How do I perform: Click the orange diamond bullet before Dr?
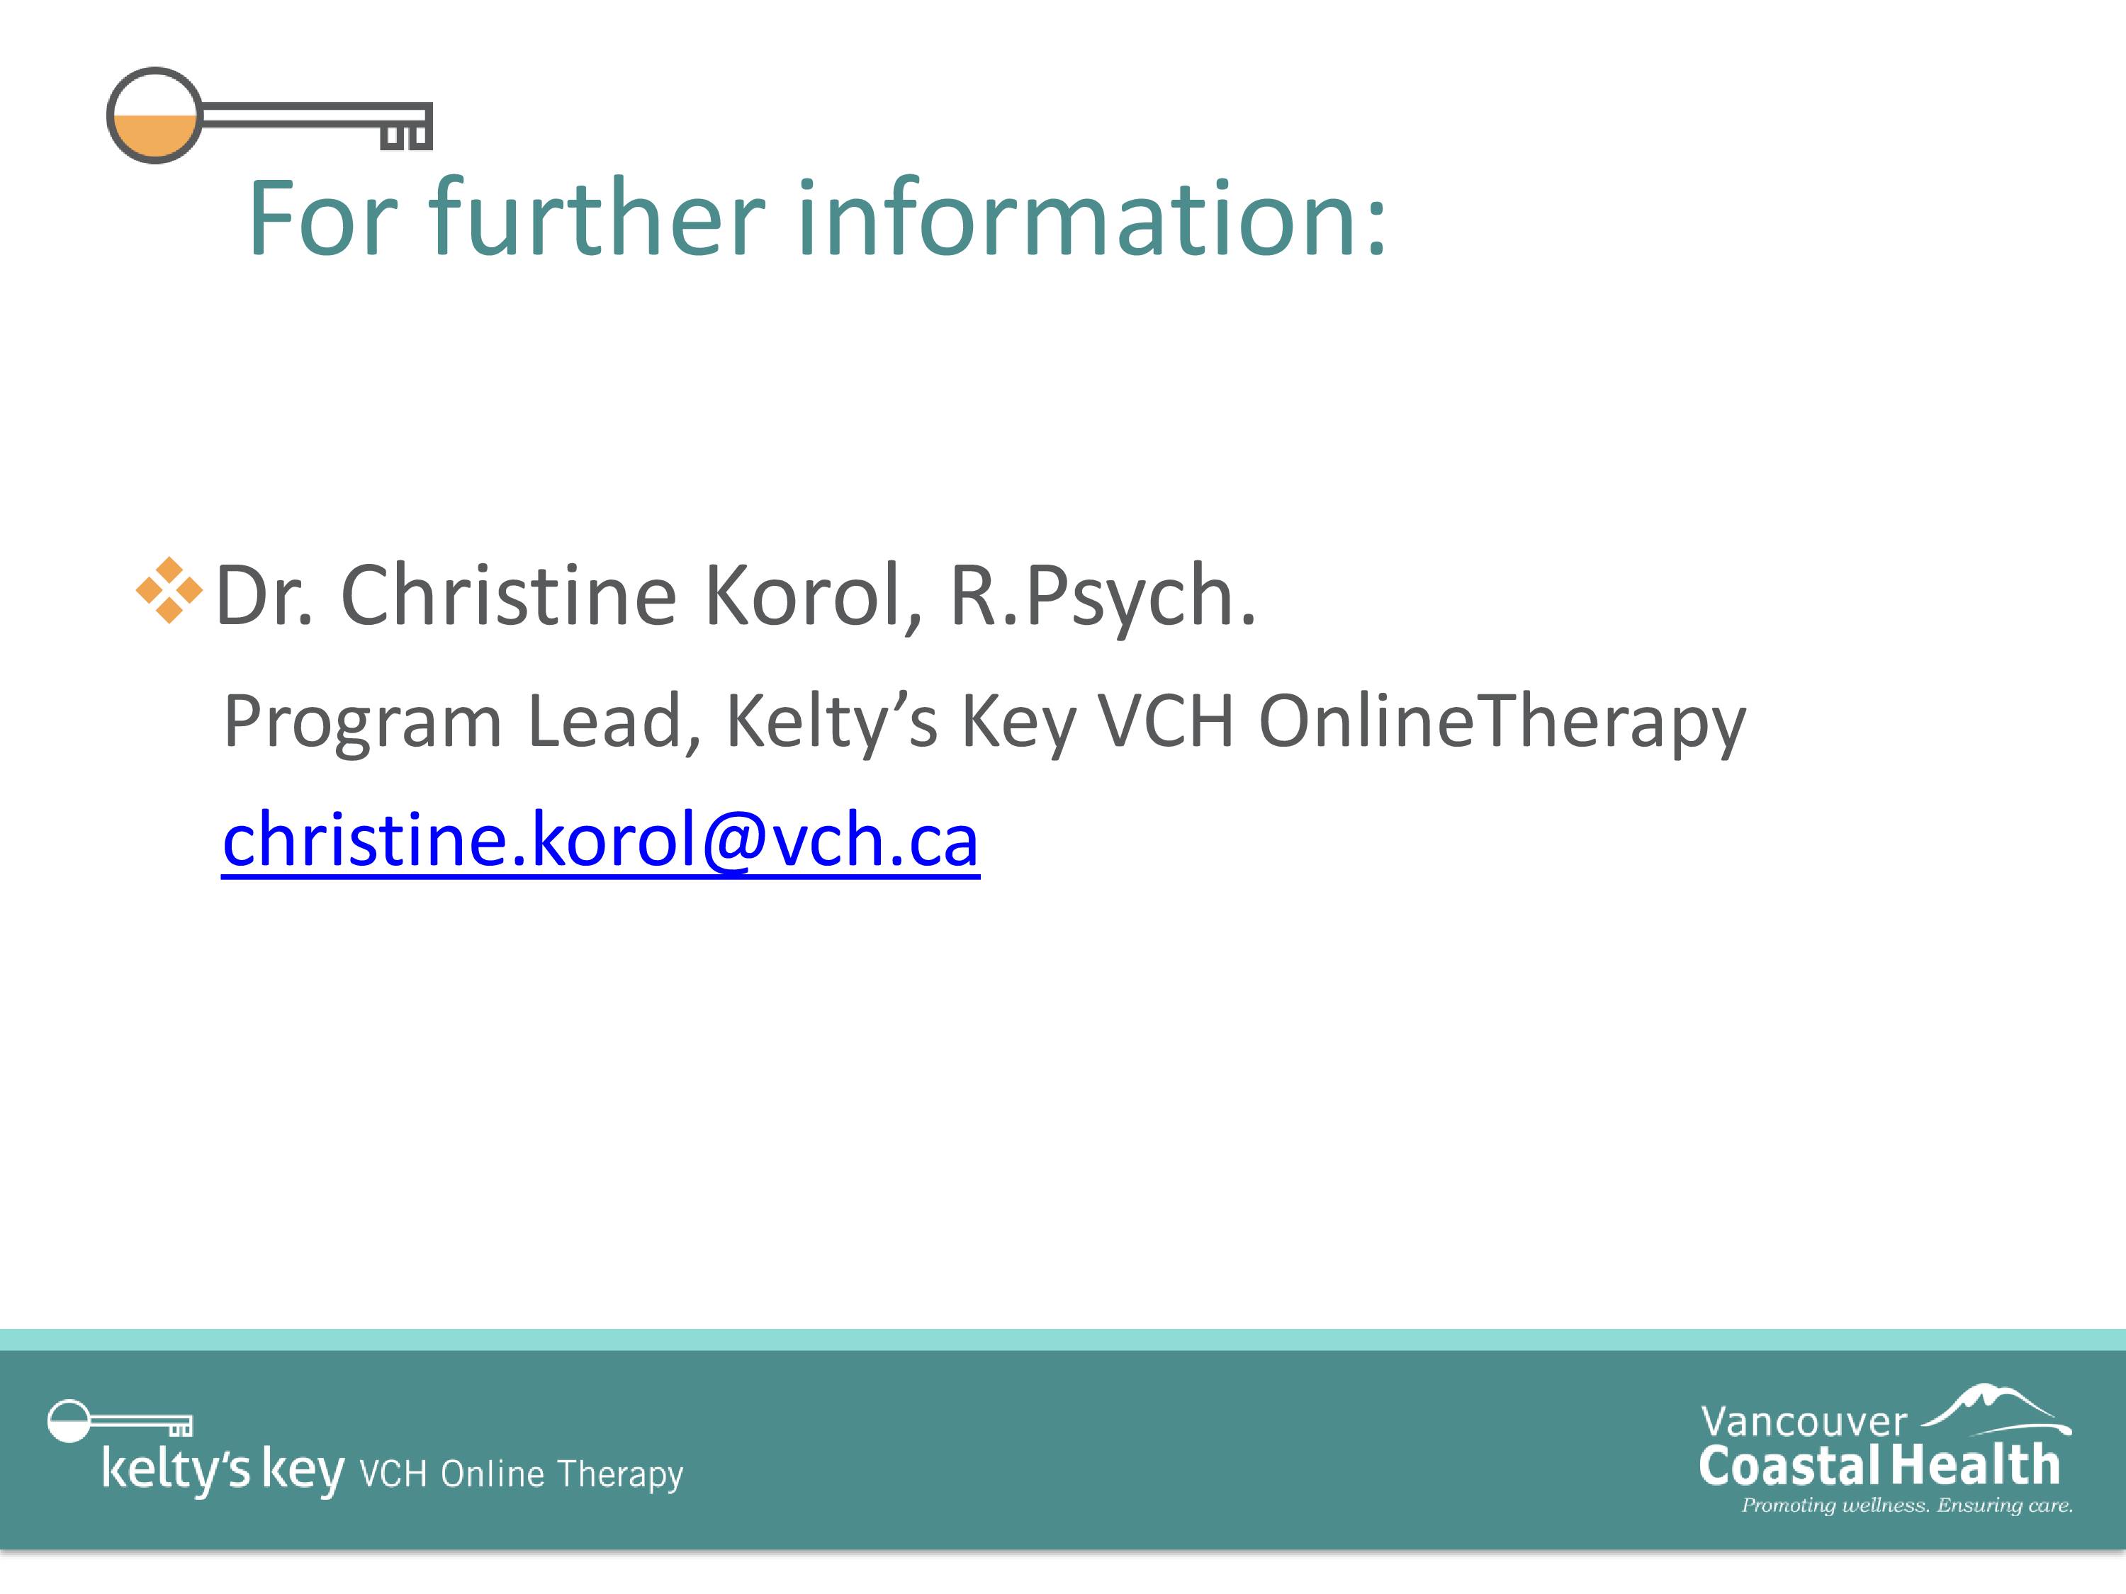tap(169, 590)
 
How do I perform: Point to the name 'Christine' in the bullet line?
tap(508, 595)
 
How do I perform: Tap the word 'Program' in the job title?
tap(362, 723)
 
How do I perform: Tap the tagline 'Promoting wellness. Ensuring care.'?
tap(1907, 1505)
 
